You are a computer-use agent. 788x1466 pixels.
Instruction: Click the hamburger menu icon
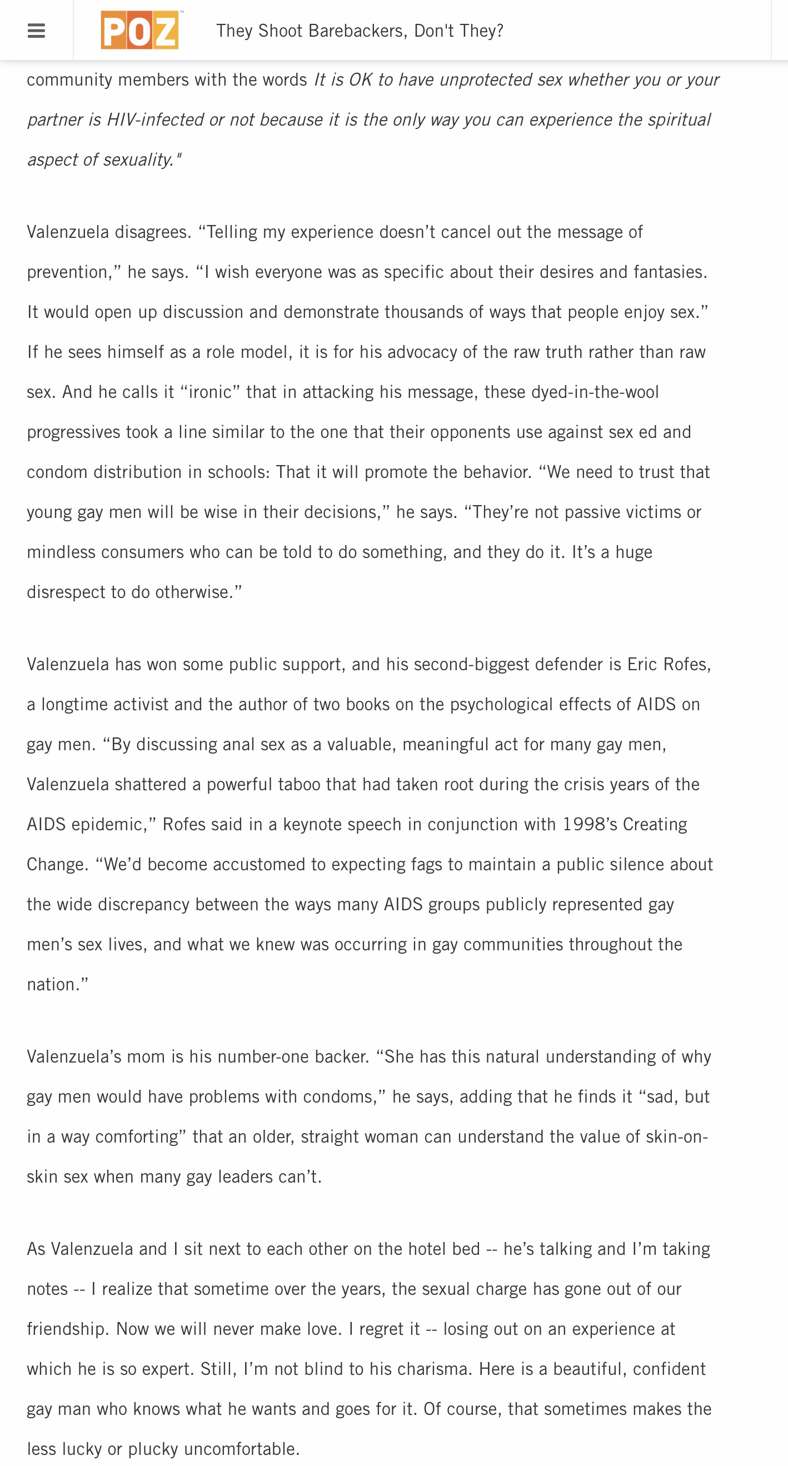click(x=36, y=31)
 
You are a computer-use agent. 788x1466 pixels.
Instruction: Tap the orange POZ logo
click(x=140, y=30)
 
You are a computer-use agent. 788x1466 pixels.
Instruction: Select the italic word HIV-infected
click(x=154, y=120)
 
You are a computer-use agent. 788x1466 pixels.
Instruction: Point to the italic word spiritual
click(x=677, y=120)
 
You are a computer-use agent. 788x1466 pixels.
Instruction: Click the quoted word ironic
click(x=210, y=393)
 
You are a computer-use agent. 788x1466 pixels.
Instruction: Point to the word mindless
click(x=61, y=552)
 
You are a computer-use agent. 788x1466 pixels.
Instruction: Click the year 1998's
click(x=590, y=825)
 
